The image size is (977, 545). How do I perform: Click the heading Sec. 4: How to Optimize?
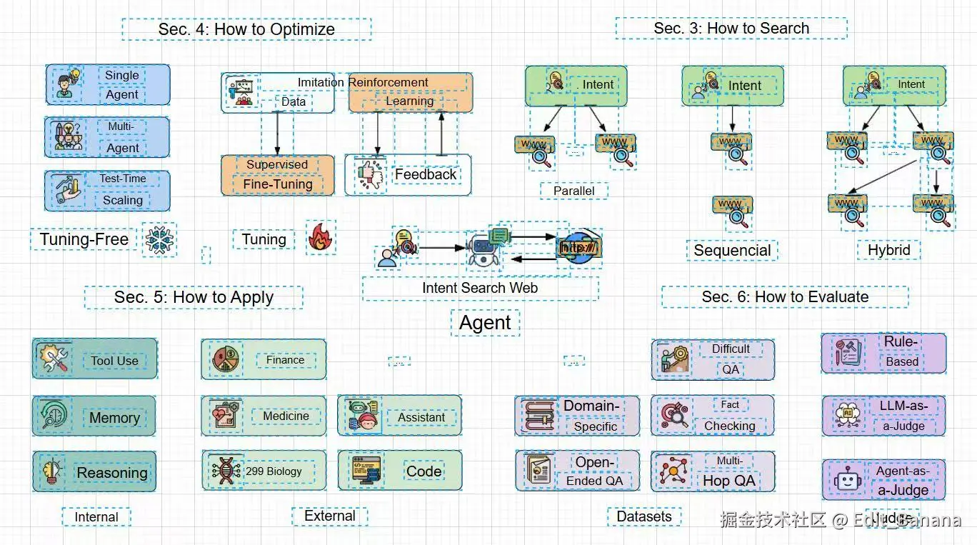point(246,29)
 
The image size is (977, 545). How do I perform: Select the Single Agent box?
point(108,84)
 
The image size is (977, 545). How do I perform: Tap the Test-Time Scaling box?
point(108,190)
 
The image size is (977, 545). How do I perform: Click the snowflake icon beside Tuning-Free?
point(159,240)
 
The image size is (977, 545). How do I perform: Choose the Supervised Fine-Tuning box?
point(278,175)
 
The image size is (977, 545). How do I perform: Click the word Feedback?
point(426,174)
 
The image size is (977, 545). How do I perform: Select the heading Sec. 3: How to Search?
point(731,29)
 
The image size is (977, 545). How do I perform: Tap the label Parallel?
point(574,191)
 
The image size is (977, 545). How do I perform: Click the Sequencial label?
point(733,251)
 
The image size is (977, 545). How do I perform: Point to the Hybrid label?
point(888,250)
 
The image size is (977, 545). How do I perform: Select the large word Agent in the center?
point(485,323)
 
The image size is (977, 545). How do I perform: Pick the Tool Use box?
point(94,359)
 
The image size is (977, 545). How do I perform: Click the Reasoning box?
point(94,471)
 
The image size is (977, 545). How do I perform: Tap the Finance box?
point(264,359)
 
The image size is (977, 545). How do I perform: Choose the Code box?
point(400,471)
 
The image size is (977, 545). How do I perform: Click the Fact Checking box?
point(713,416)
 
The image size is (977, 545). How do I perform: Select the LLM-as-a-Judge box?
point(883,416)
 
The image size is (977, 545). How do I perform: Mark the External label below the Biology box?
point(329,516)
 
